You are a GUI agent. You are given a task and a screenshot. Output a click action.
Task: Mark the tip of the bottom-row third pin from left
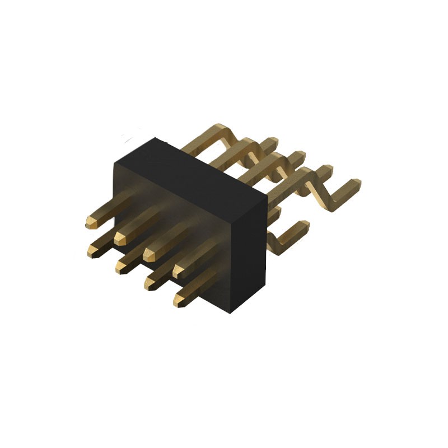click(x=150, y=284)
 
